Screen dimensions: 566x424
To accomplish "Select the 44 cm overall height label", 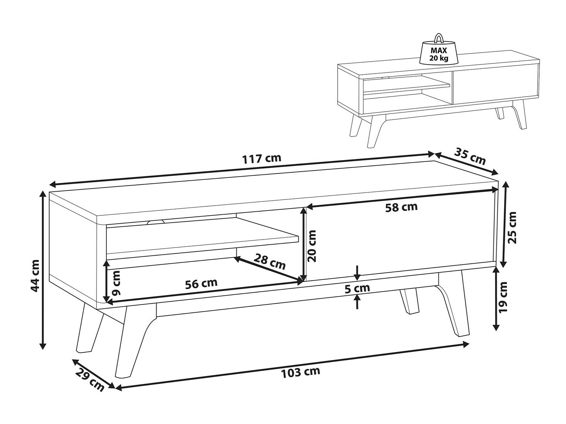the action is point(35,276).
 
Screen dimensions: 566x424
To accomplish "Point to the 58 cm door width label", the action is point(401,207).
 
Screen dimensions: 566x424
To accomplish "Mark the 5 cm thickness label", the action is point(357,288).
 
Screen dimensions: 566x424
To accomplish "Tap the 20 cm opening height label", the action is point(312,246).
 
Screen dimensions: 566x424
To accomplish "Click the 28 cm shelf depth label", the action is point(269,261).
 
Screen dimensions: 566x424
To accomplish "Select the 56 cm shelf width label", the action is point(201,283).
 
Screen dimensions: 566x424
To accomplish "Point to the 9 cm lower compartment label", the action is point(117,283).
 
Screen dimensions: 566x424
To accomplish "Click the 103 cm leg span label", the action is point(300,372).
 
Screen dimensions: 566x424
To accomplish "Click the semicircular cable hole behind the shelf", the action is point(156,222).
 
